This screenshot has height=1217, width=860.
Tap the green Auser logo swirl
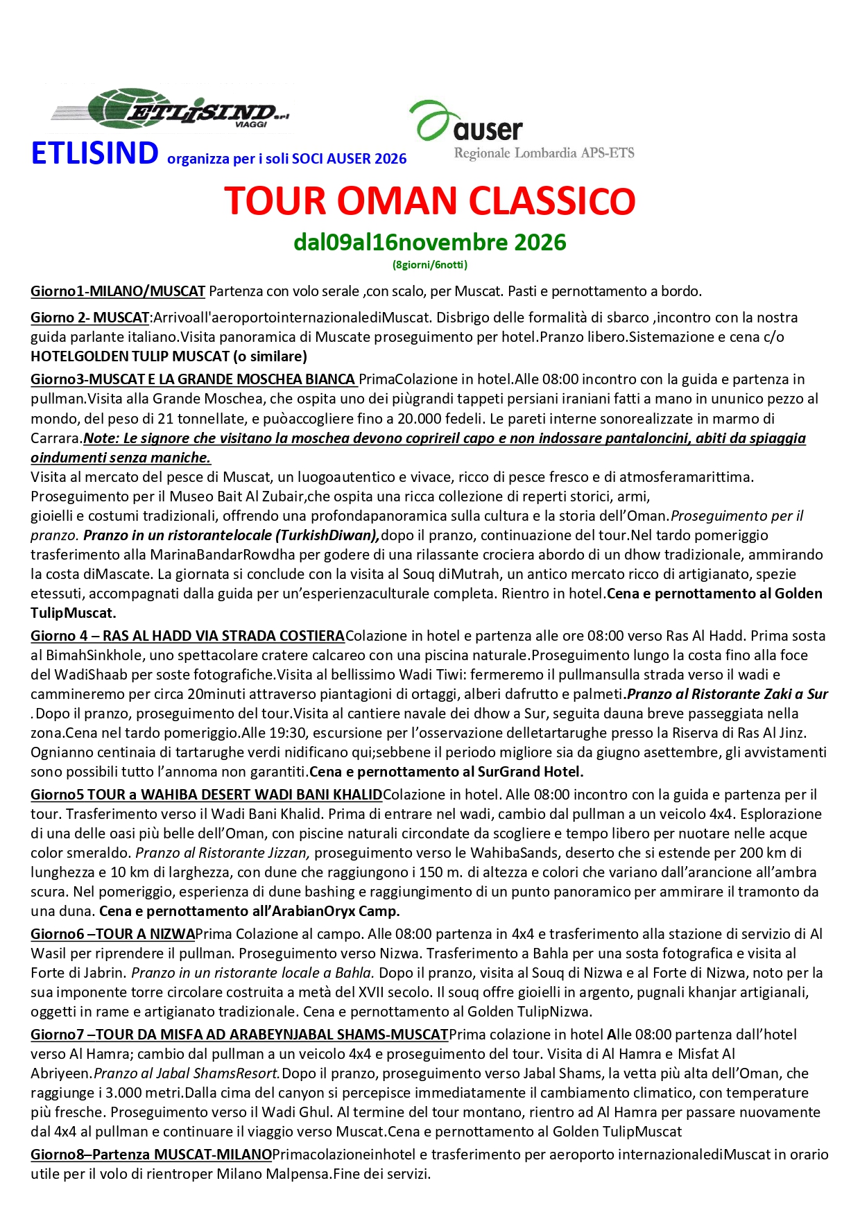click(x=431, y=119)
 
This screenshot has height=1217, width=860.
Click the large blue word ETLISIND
click(x=95, y=154)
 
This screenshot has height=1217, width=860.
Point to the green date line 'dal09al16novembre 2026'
click(x=430, y=243)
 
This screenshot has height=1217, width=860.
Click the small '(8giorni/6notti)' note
click(x=430, y=264)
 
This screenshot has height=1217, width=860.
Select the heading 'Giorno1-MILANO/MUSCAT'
click(x=118, y=291)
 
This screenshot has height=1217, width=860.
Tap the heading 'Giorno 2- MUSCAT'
click(x=90, y=318)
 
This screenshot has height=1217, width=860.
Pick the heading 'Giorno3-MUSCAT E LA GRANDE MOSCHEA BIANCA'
click(x=193, y=379)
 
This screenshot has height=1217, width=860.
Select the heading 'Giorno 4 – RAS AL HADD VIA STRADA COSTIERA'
click(x=187, y=636)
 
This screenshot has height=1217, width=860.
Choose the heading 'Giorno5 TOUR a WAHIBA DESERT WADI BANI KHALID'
click(x=206, y=795)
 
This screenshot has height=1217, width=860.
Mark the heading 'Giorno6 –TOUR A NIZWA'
click(x=112, y=934)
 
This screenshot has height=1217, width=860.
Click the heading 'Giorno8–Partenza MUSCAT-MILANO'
click(x=151, y=1155)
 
